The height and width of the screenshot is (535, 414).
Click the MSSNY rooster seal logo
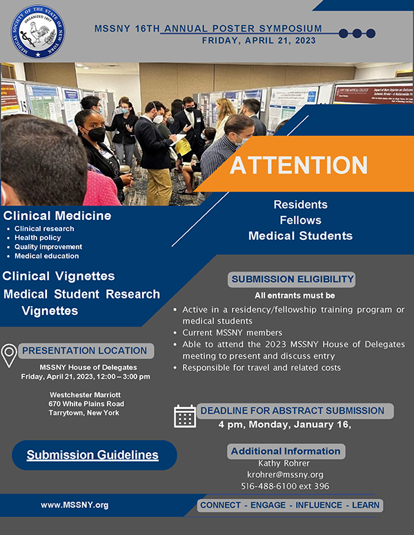[38, 32]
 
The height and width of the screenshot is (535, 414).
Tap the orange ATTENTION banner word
[299, 165]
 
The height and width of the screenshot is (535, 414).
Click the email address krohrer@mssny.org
[285, 474]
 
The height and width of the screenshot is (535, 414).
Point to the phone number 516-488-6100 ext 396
[285, 486]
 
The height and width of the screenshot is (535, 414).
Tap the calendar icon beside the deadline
[185, 416]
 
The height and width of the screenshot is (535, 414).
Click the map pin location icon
[9, 356]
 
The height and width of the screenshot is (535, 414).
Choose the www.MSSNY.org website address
[75, 505]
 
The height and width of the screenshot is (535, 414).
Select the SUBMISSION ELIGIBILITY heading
[292, 279]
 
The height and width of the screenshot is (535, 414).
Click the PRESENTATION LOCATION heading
[84, 351]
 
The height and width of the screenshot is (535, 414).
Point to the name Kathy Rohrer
[284, 463]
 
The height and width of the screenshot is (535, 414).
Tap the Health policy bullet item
[37, 237]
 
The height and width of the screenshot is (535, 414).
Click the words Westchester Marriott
[85, 395]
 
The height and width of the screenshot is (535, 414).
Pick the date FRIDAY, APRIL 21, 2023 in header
[259, 41]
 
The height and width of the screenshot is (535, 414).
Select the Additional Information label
[286, 452]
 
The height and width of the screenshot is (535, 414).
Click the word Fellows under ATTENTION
[301, 220]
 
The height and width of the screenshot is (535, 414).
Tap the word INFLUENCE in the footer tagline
[319, 505]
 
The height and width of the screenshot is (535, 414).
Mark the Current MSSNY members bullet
[233, 333]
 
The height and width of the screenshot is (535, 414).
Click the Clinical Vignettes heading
[59, 276]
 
